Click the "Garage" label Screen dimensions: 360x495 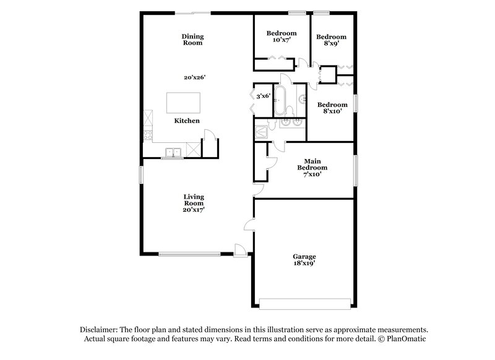(x=304, y=256)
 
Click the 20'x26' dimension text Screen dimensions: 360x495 (x=194, y=77)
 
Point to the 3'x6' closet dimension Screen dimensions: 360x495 (x=262, y=96)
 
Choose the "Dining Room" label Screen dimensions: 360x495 (x=193, y=40)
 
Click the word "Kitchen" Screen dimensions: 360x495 (x=186, y=121)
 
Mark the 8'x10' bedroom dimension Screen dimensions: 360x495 (x=330, y=112)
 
